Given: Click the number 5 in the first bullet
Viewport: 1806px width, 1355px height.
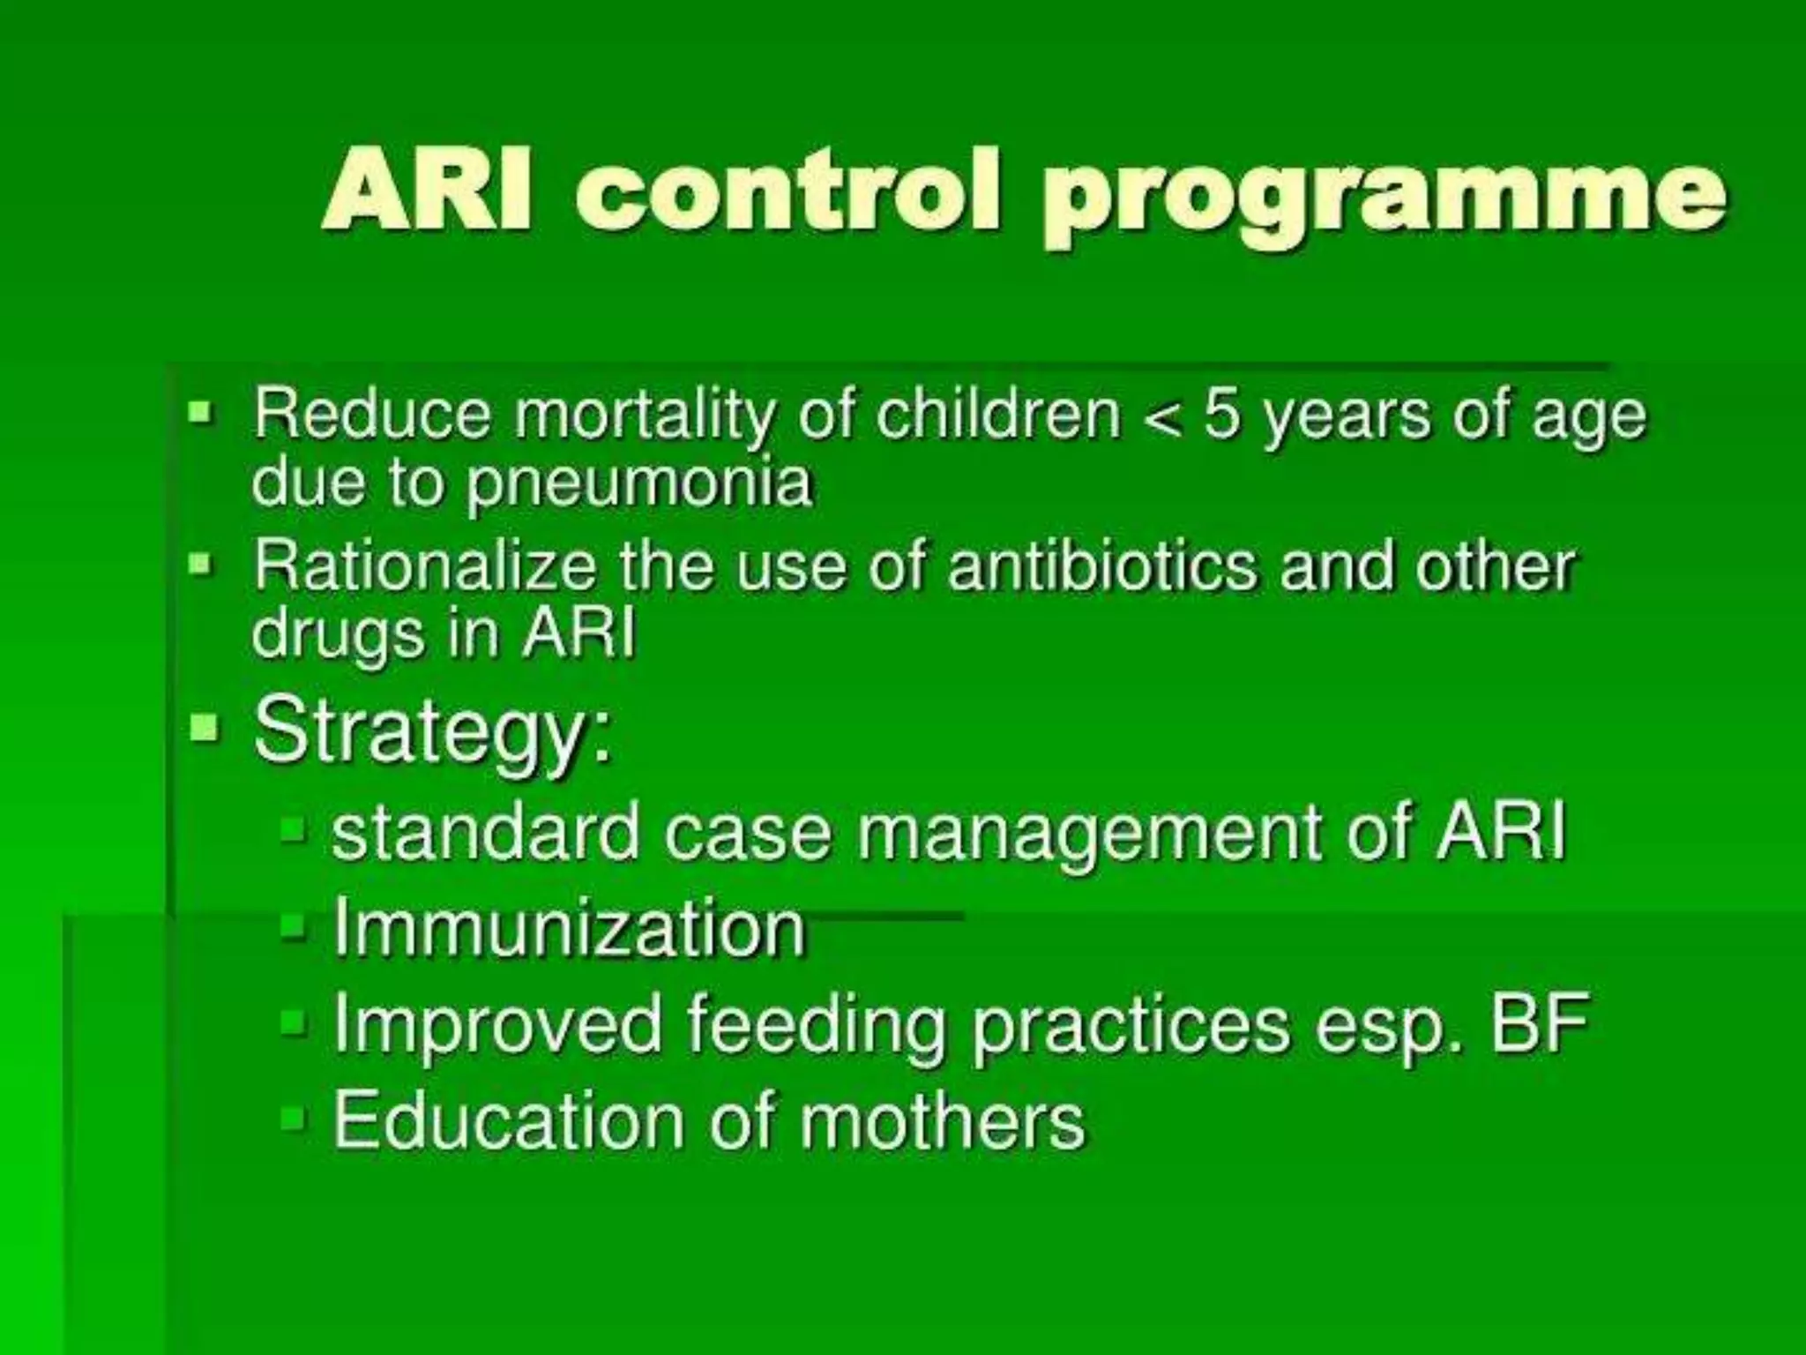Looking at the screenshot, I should pyautogui.click(x=1220, y=414).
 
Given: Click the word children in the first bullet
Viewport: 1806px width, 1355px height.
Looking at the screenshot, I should pyautogui.click(x=997, y=414).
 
